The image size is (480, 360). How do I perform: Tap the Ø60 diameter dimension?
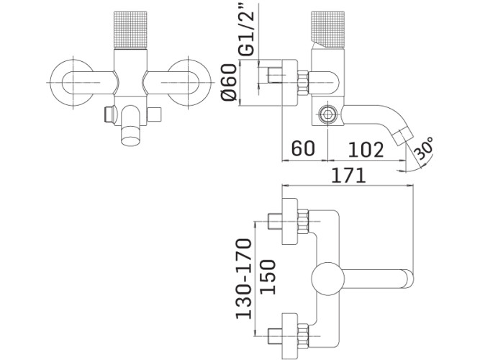[229, 82]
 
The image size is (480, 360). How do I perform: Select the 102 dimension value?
[366, 150]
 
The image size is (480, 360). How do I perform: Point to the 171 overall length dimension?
[349, 175]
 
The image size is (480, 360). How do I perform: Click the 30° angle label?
[424, 148]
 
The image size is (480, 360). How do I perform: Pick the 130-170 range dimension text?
[244, 279]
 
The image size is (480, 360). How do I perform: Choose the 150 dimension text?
[268, 276]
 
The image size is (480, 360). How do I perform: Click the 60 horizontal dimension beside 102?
[303, 148]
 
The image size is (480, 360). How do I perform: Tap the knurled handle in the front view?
[130, 30]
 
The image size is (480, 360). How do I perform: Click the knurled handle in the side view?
[328, 30]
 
